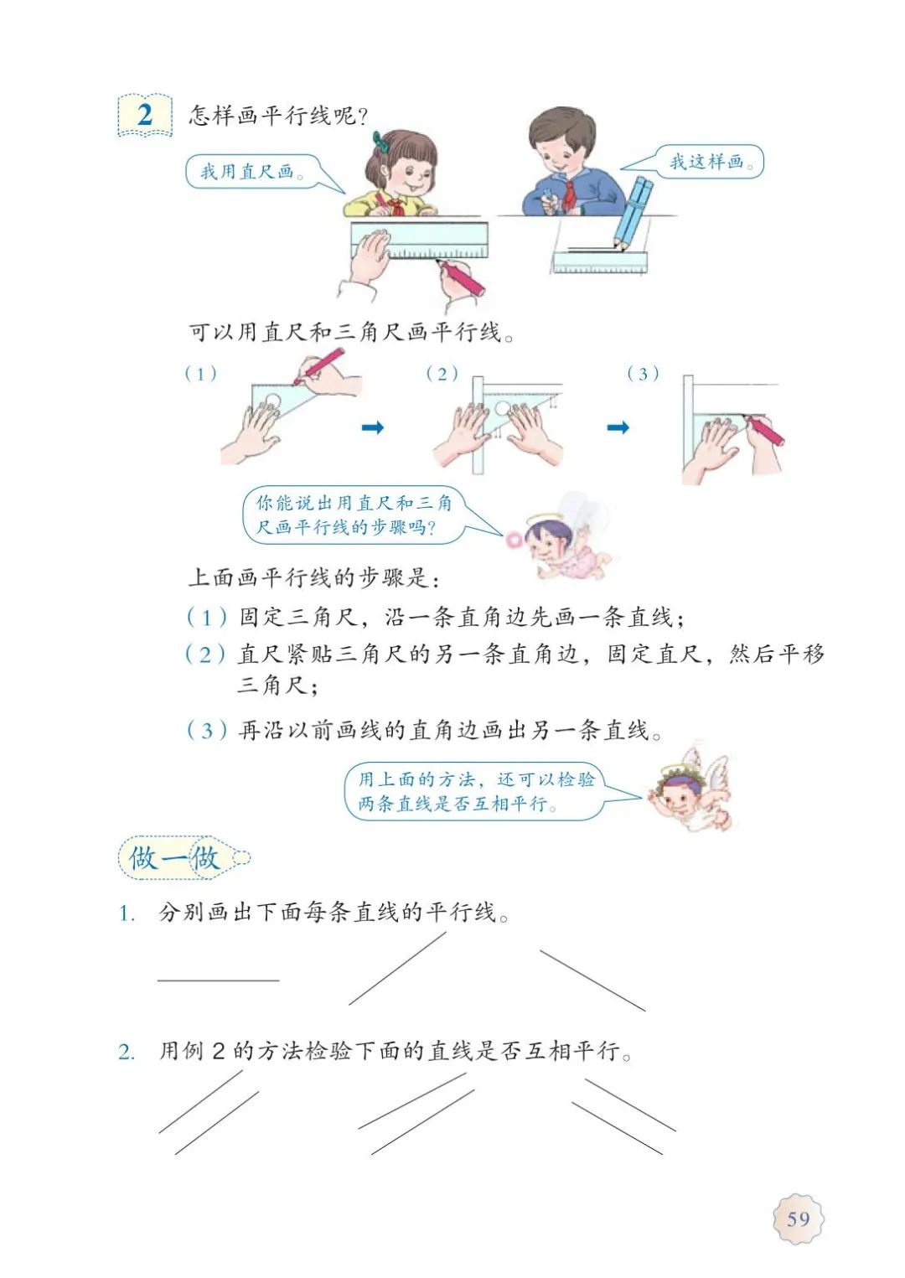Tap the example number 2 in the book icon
[145, 115]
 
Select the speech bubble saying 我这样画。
[699, 162]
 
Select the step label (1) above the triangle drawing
[201, 375]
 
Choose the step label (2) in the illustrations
[442, 375]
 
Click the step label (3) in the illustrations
[643, 375]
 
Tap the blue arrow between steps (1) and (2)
[373, 427]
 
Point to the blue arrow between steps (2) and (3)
[618, 427]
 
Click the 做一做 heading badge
[183, 857]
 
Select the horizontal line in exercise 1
[219, 980]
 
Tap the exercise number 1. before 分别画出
[126, 914]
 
